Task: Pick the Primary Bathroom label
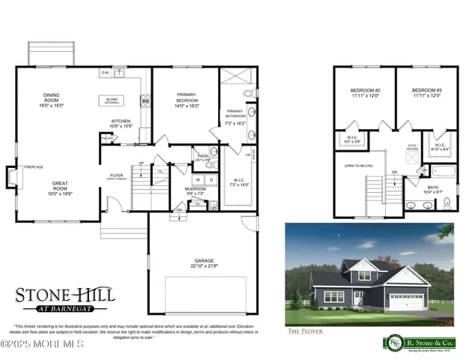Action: pos(236,118)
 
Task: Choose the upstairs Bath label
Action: pos(433,189)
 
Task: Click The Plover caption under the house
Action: pos(303,331)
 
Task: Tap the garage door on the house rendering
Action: pos(408,302)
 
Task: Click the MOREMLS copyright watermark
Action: pos(42,344)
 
